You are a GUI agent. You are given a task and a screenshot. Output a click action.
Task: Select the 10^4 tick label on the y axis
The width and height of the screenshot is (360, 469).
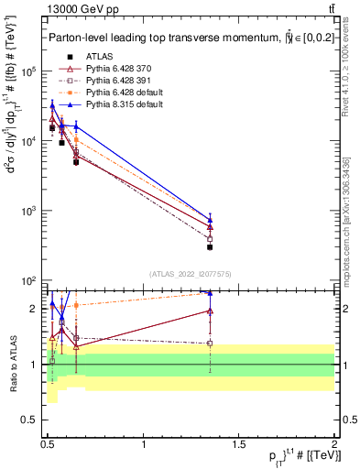click(29, 141)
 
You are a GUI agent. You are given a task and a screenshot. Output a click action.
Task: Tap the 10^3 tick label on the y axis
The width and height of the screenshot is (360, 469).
click(29, 211)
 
